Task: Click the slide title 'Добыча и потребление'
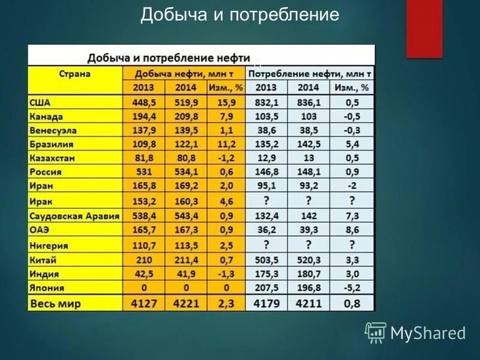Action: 240,15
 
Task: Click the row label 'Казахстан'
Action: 53,158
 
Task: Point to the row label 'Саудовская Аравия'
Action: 74,216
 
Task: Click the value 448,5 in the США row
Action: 144,103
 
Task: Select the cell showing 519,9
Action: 185,103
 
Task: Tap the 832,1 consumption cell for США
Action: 266,103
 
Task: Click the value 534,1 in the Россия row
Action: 185,172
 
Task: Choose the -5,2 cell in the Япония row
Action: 352,287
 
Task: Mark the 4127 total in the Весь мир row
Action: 144,304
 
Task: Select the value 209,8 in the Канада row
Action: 185,116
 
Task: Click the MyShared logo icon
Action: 376,332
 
